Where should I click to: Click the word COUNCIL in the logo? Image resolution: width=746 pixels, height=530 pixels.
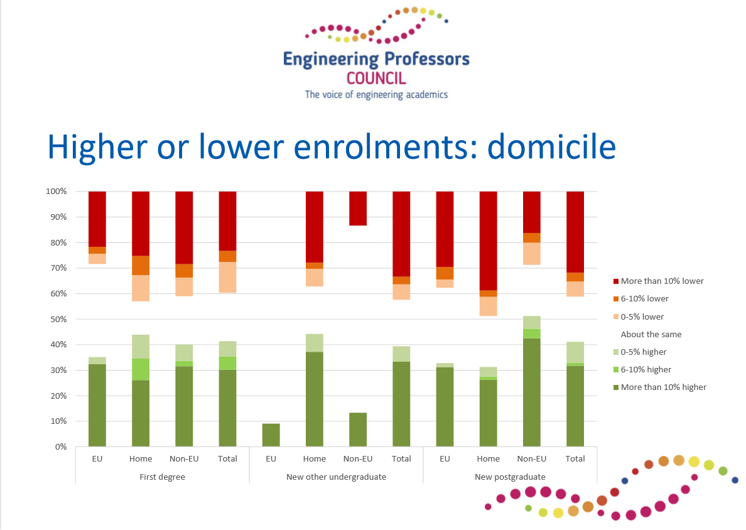(x=376, y=78)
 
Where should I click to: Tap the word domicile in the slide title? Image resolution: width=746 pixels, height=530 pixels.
(x=551, y=146)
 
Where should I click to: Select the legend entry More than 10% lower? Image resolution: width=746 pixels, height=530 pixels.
(x=659, y=281)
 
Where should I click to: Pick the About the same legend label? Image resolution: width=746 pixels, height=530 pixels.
(x=651, y=335)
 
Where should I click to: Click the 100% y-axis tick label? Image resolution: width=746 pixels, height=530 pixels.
(x=57, y=192)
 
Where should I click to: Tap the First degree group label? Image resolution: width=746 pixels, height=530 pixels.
(x=162, y=477)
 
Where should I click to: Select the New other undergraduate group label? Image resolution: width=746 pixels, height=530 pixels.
(x=337, y=477)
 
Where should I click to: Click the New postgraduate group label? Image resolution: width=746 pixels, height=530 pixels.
(x=510, y=477)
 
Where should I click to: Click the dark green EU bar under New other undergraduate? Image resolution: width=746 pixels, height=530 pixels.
(x=271, y=435)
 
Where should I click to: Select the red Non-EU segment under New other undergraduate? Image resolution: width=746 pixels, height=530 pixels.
(x=358, y=208)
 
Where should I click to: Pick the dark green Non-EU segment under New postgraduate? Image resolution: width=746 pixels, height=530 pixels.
(x=531, y=392)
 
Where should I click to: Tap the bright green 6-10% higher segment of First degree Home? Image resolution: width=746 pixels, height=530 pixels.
(x=141, y=369)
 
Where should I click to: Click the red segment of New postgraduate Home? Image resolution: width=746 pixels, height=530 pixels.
(x=488, y=241)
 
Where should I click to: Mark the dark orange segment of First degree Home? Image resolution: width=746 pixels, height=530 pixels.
(x=141, y=266)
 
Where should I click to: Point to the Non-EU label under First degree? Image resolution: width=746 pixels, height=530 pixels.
(x=184, y=458)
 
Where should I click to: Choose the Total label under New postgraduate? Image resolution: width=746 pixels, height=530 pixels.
(x=575, y=458)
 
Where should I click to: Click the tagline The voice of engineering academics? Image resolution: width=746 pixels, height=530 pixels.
(x=376, y=94)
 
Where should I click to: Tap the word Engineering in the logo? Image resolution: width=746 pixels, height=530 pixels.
(x=331, y=60)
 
